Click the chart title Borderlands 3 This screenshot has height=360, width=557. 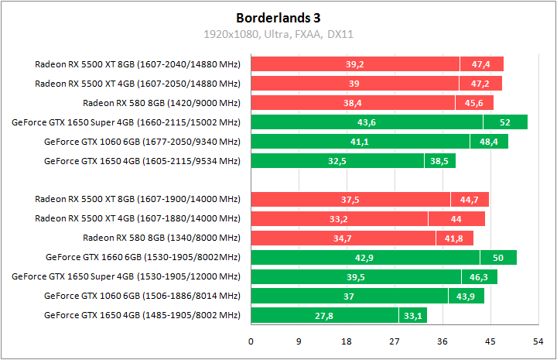tap(278, 16)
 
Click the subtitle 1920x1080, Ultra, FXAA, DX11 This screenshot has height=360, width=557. tap(278, 34)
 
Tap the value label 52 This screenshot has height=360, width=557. tap(505, 122)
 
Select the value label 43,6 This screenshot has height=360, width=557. tap(367, 122)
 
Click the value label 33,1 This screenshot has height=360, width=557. tap(412, 316)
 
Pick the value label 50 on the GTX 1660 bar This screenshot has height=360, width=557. tap(498, 258)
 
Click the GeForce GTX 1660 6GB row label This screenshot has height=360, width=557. tap(143, 257)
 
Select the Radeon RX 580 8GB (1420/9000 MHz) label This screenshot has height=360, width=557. tap(162, 102)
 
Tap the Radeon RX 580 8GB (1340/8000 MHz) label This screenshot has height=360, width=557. tap(162, 238)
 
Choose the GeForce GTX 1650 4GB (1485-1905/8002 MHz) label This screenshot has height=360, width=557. tap(142, 315)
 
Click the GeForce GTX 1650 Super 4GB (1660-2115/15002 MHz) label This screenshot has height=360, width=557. tap(126, 122)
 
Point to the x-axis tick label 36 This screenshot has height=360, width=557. tap(443, 341)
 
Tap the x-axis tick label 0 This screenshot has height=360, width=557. tap(251, 341)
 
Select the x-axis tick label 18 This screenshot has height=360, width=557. tap(347, 341)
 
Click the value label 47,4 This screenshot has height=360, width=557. tap(481, 64)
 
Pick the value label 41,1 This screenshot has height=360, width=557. tap(360, 142)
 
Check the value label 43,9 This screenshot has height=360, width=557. tap(466, 297)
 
